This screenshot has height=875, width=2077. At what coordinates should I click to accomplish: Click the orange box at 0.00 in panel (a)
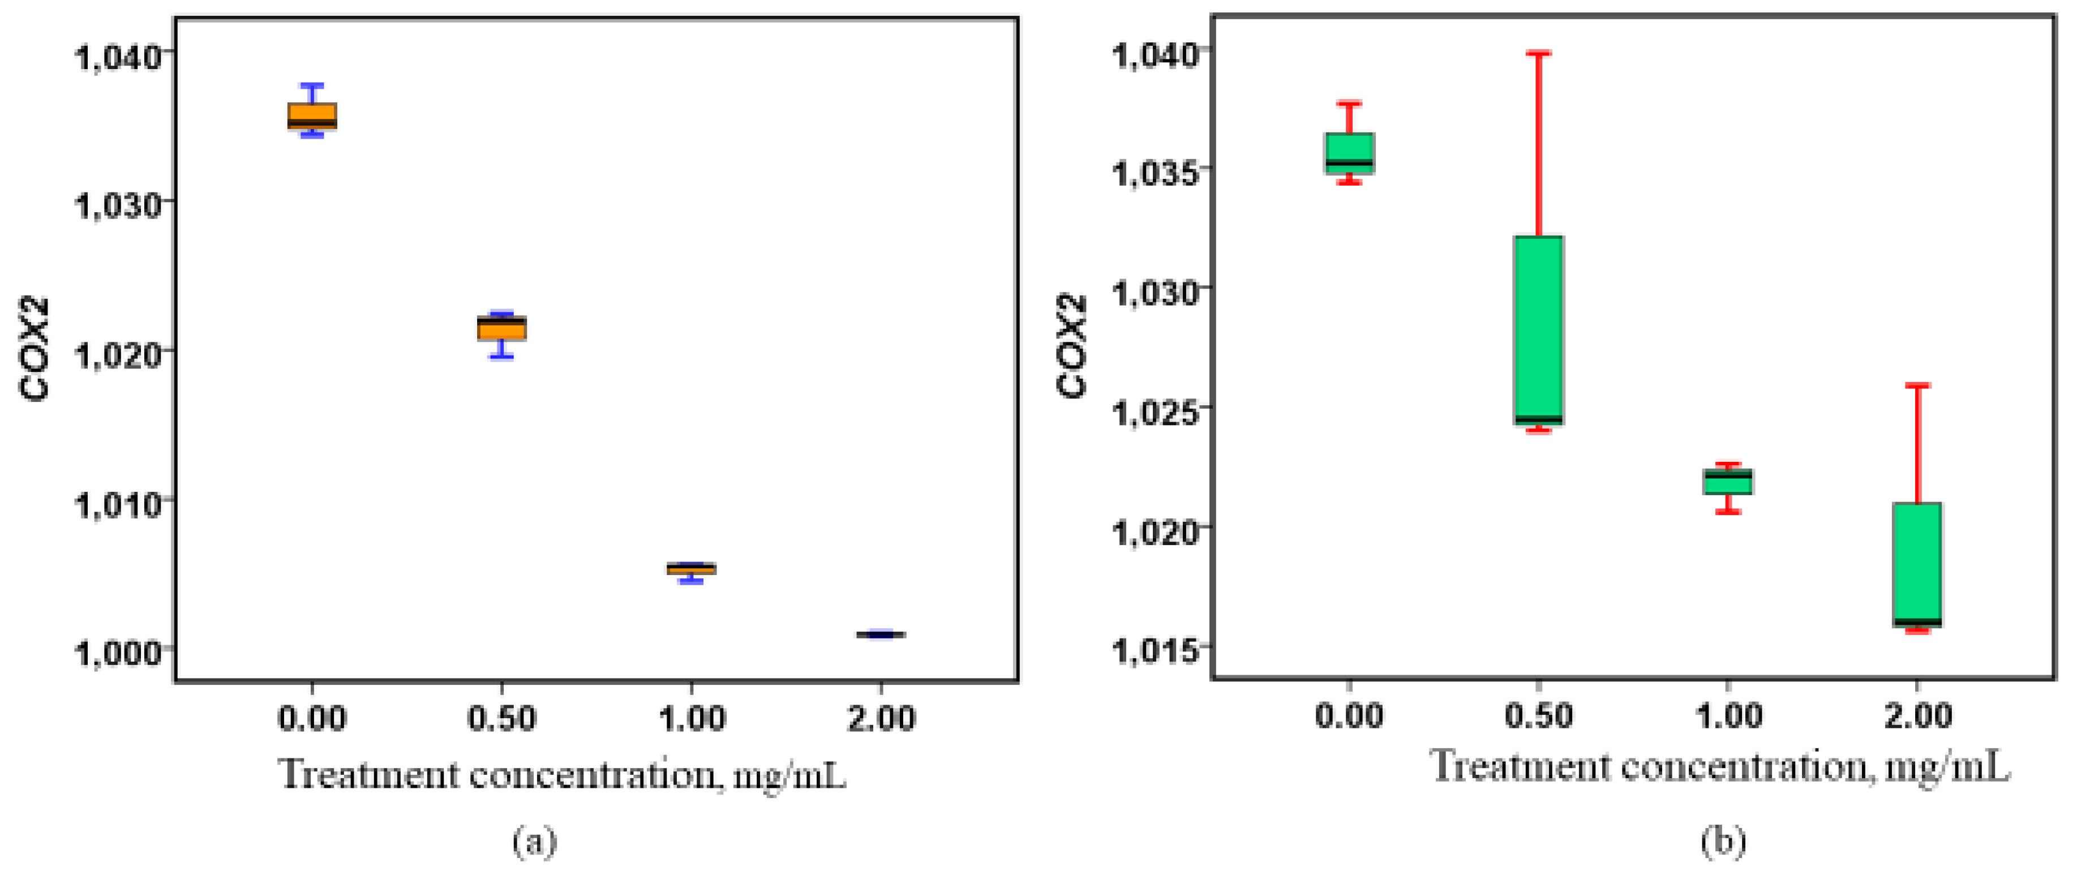pos(312,115)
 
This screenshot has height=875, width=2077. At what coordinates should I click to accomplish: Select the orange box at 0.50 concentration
pos(501,328)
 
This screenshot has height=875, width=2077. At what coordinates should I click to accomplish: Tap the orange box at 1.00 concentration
pos(691,569)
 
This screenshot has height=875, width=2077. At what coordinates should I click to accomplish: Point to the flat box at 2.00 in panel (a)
pos(881,634)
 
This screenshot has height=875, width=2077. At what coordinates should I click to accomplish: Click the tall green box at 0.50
pos(1538,329)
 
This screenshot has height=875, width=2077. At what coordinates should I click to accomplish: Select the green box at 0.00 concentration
pos(1349,152)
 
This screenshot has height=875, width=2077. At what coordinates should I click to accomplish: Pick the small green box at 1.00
pos(1727,482)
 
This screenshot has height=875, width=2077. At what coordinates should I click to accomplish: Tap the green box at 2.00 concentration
pos(1916,564)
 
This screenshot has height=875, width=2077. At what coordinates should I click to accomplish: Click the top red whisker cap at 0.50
pos(1538,53)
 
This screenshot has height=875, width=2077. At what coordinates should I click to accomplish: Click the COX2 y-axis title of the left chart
pos(36,349)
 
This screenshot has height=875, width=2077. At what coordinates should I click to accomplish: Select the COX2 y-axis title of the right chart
pos(1072,347)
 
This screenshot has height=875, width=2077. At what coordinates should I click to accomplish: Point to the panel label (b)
pos(1723,841)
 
